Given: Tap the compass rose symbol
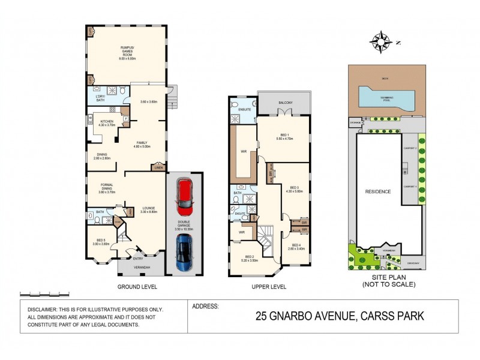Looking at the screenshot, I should click(380, 42).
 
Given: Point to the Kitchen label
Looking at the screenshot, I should click(106, 123).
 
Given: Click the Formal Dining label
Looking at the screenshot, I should click(106, 187).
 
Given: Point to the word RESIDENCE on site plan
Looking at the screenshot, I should click(379, 191).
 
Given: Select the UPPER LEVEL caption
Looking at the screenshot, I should click(269, 286).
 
